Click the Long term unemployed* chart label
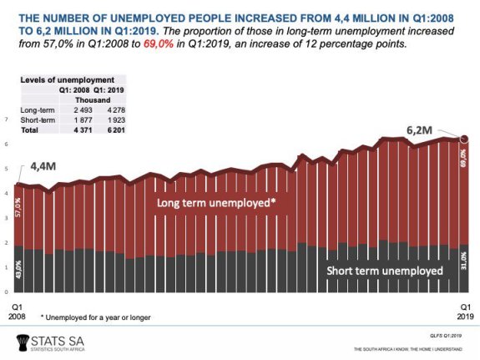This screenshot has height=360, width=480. click(217, 202)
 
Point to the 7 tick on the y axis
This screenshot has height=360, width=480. click(7, 119)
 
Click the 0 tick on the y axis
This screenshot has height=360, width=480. click(7, 292)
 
